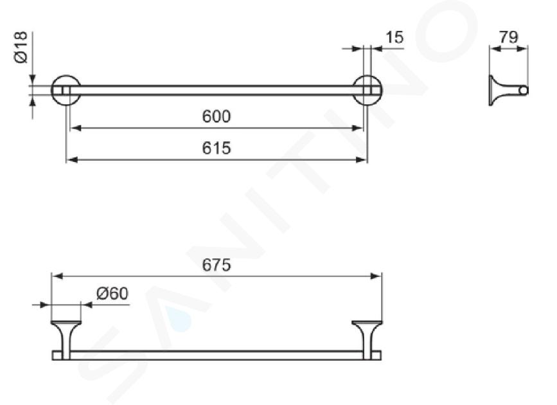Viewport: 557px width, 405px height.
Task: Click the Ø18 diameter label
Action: point(21,48)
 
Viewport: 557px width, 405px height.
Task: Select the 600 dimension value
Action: point(217,116)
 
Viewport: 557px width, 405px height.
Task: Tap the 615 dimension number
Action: point(217,148)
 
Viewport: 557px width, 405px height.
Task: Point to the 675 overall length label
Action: point(217,265)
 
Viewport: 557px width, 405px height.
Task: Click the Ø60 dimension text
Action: point(112,294)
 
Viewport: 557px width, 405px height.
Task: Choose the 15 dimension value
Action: point(394,37)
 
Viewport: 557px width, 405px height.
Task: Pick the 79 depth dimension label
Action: point(509,37)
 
